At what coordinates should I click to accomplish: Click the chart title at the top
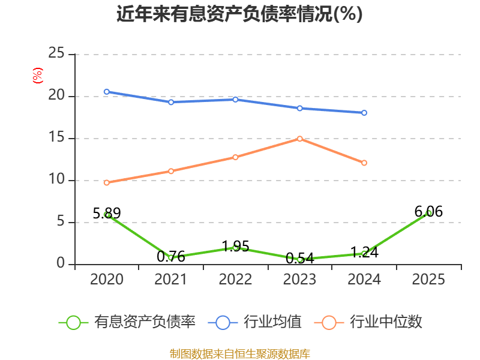(x=239, y=14)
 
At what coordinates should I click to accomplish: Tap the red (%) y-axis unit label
(x=38, y=76)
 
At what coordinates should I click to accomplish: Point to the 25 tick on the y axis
(x=56, y=53)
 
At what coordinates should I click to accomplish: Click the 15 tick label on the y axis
(x=56, y=137)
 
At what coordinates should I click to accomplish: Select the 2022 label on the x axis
(x=235, y=279)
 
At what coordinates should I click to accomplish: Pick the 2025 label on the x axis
(x=428, y=279)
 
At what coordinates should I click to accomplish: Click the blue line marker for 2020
(x=107, y=92)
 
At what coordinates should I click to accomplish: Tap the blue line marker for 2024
(x=364, y=113)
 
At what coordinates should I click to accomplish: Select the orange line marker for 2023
(x=299, y=139)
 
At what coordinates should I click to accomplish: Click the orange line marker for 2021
(x=171, y=171)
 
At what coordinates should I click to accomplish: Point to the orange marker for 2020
(x=107, y=183)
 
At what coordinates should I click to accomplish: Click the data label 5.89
(x=107, y=213)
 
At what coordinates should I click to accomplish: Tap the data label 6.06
(x=428, y=212)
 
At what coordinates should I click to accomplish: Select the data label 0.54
(x=300, y=259)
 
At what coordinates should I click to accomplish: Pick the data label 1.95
(x=235, y=246)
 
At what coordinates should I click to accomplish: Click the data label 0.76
(x=171, y=256)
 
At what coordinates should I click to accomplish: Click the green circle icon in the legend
(x=73, y=323)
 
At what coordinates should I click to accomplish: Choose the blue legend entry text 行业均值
(x=272, y=322)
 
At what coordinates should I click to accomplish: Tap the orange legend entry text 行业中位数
(x=386, y=322)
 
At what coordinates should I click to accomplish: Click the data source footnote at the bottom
(x=240, y=354)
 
